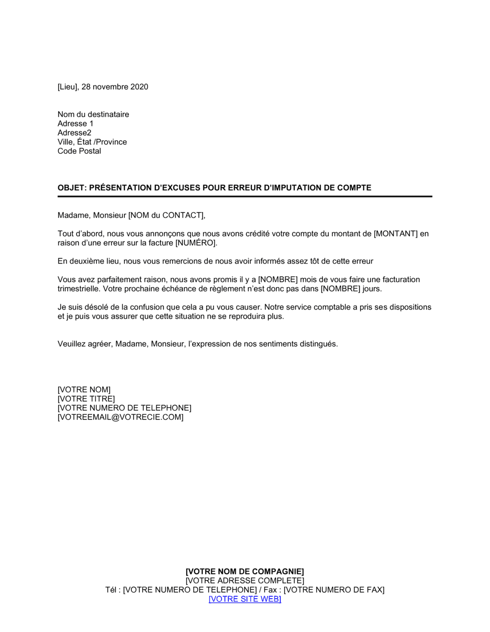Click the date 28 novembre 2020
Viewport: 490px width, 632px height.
115,87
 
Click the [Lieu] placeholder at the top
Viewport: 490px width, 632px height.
68,87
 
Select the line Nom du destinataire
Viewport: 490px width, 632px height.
93,114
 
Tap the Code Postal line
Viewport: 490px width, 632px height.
79,151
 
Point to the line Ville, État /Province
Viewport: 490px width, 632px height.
92,142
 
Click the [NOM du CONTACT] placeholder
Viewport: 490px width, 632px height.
166,215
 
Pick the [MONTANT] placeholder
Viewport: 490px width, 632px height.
396,234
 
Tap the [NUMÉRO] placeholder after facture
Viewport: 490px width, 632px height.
196,243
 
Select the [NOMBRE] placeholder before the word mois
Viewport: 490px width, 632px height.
278,280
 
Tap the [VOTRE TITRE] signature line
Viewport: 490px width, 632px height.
86,399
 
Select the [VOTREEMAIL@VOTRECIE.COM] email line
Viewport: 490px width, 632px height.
121,417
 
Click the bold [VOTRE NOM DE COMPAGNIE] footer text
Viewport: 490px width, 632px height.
245,571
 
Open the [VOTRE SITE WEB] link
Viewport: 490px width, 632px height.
245,599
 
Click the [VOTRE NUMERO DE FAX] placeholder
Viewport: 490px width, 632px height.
334,590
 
